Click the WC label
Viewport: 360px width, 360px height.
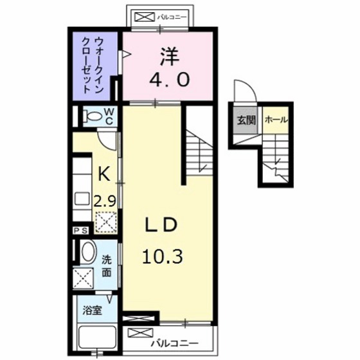(109, 117)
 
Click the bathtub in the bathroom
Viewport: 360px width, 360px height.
(95, 337)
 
